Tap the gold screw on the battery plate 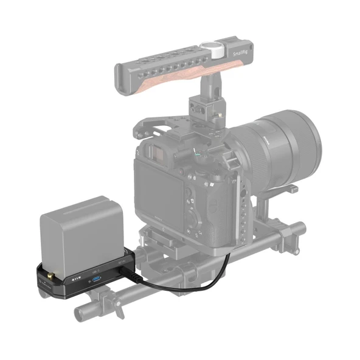pyautogui.click(x=47, y=282)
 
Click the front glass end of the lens pyautogui.click(x=304, y=143)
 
